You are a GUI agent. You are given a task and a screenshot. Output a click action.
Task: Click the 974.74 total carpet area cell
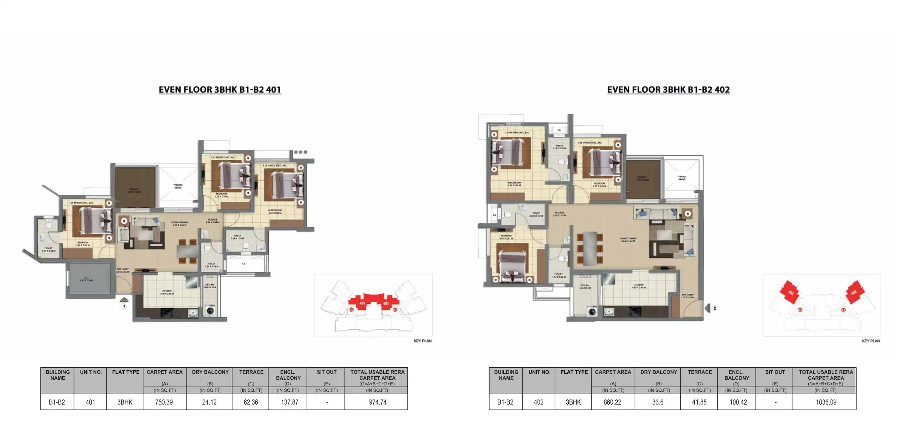378,402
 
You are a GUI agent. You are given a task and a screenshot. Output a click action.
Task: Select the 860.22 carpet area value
612,402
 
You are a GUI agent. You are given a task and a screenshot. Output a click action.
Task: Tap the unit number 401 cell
90,402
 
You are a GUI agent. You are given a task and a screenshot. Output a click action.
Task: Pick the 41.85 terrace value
699,402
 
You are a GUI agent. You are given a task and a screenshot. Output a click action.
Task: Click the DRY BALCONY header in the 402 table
658,372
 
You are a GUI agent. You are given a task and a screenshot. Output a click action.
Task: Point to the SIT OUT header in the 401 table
326,372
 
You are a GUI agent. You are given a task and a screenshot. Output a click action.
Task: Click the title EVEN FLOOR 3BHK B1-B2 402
668,90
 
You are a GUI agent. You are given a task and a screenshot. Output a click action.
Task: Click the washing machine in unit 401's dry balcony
210,311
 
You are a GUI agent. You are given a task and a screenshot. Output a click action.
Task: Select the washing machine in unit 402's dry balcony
592,312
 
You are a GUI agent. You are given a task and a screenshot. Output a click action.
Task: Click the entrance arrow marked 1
124,301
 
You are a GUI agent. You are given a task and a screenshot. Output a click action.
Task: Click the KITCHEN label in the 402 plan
638,286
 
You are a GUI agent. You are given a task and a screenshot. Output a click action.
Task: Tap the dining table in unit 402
589,249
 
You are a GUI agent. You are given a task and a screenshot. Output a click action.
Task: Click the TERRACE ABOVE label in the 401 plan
178,186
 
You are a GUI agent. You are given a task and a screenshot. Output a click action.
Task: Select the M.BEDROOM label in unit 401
275,211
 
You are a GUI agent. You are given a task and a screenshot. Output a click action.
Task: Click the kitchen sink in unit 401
193,312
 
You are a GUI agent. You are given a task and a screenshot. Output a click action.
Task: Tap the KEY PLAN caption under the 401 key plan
422,341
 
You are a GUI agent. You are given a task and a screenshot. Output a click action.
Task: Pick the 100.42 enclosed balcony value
738,402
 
